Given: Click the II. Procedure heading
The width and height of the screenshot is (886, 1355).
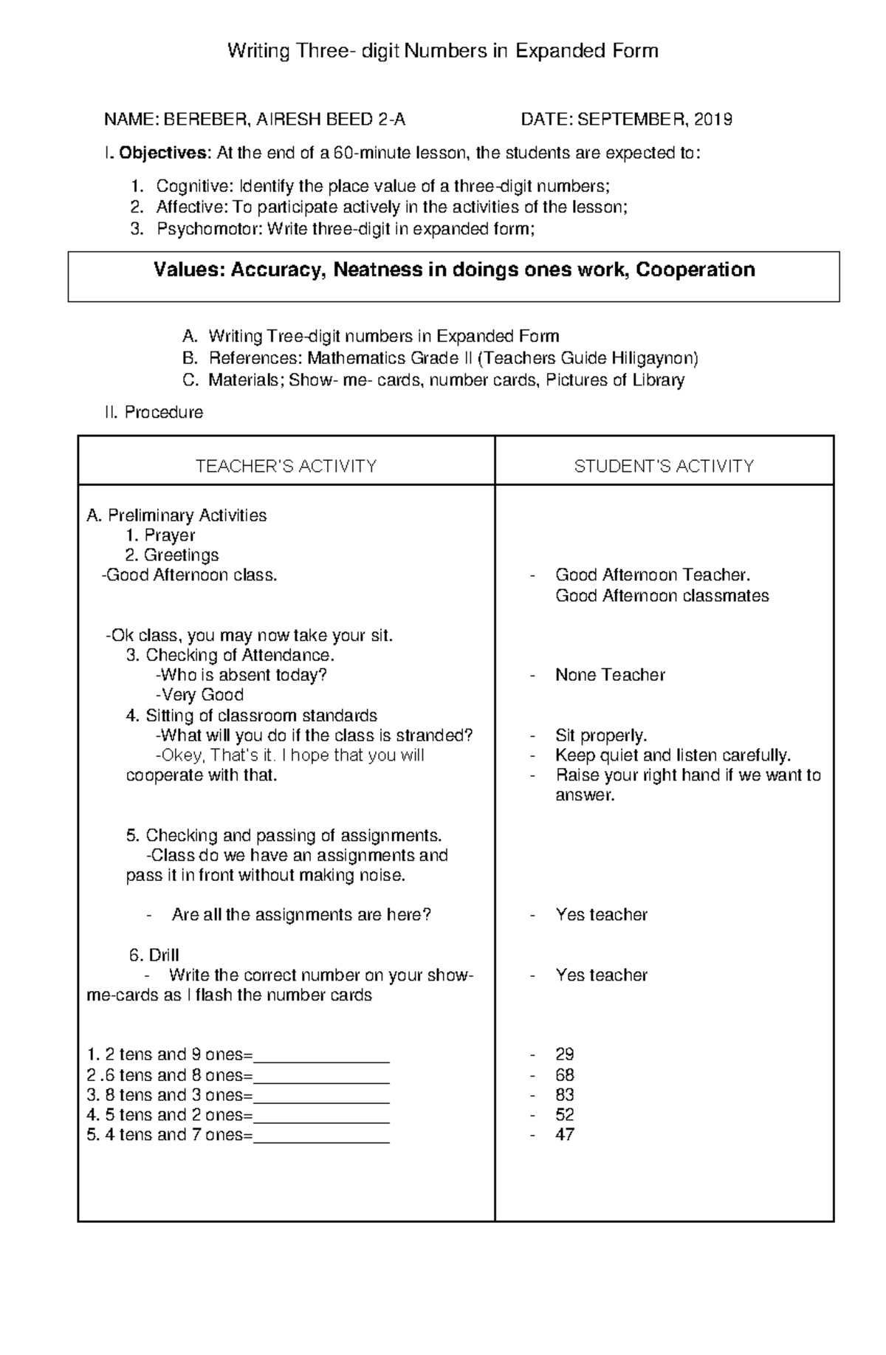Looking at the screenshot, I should tap(154, 412).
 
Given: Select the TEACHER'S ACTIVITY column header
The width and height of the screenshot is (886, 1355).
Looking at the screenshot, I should tap(286, 466).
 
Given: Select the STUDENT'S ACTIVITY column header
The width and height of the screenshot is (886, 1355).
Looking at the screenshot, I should tap(664, 466).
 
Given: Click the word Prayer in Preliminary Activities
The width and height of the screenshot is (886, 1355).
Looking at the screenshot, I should tap(169, 535).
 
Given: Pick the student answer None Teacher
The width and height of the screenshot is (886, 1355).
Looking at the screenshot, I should tap(610, 675).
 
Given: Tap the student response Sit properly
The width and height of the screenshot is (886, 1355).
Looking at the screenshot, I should tap(600, 735).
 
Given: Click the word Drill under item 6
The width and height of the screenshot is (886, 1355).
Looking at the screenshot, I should tap(164, 955).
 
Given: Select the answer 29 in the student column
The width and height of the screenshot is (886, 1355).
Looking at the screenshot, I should tap(564, 1054).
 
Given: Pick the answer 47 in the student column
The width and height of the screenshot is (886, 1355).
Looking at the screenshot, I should tap(564, 1134).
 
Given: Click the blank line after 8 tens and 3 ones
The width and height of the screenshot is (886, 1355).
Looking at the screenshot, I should tap(321, 1096).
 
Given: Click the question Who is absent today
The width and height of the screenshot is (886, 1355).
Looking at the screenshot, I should tap(242, 675).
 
